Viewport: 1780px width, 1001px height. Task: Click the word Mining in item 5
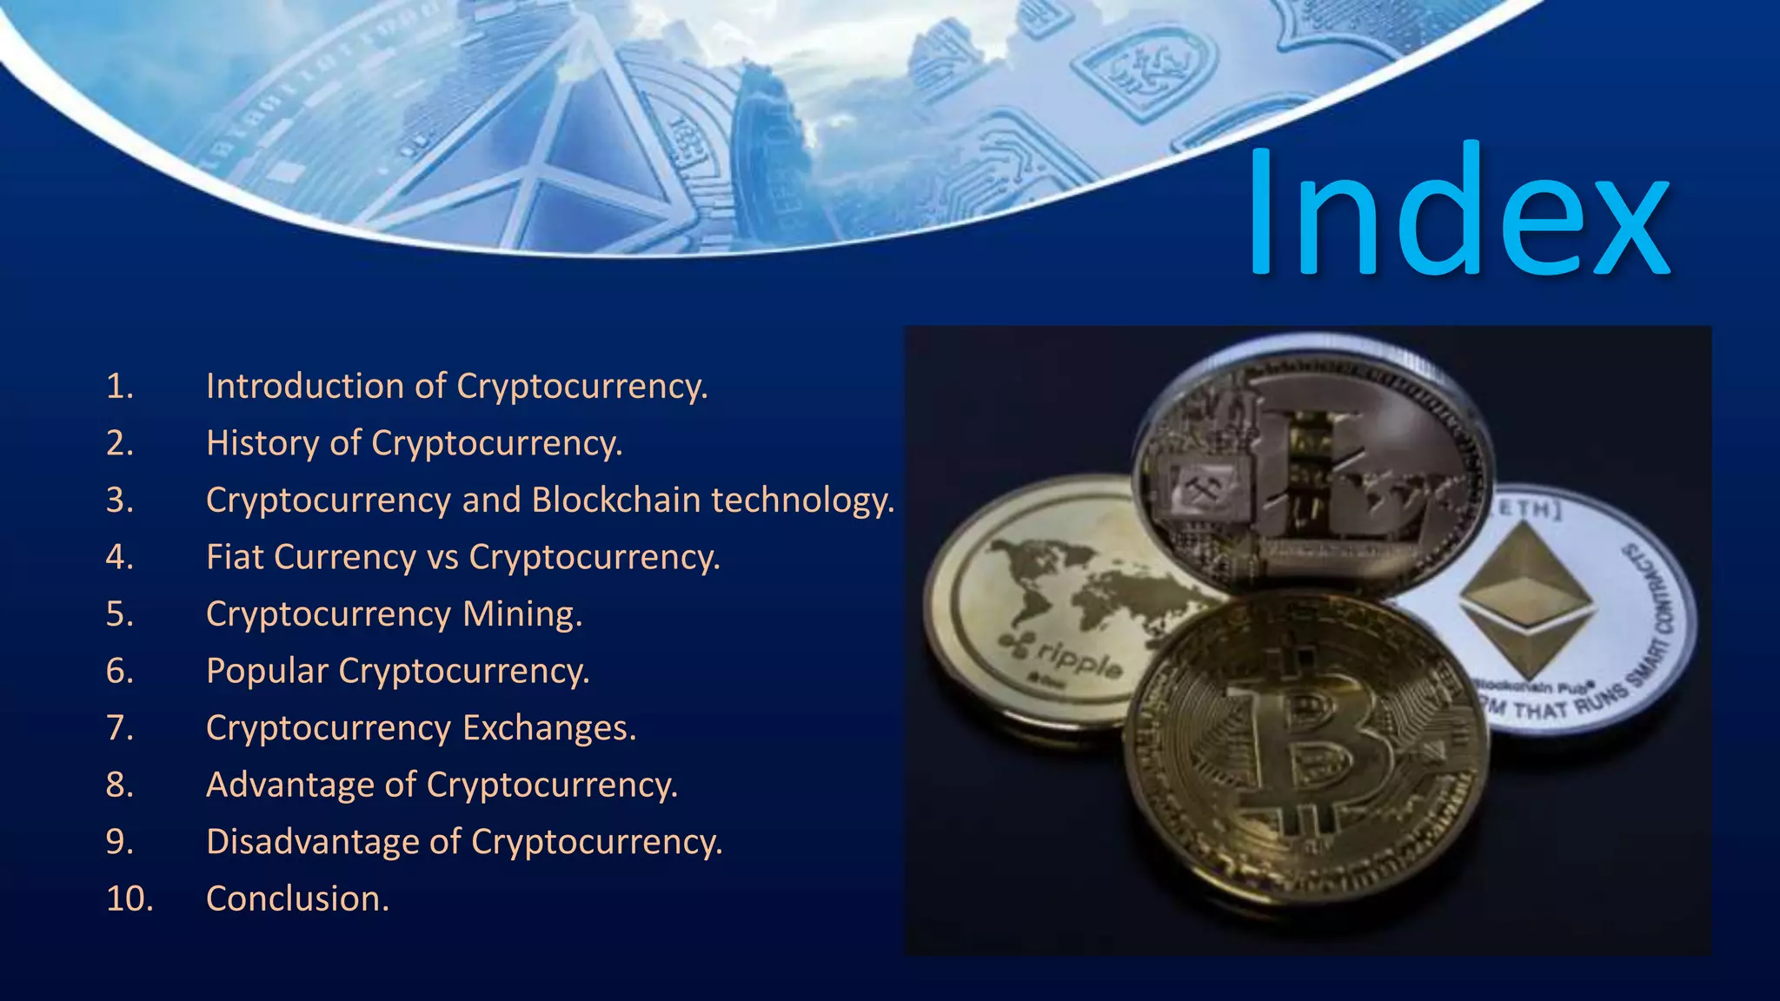pyautogui.click(x=521, y=613)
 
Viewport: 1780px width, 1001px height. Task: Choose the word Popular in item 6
pyautogui.click(x=267, y=671)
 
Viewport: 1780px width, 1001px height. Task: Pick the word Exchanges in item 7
pyautogui.click(x=548, y=727)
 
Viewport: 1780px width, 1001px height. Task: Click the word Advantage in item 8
pyautogui.click(x=310, y=785)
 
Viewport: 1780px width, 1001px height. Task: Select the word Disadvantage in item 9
pyautogui.click(x=333, y=841)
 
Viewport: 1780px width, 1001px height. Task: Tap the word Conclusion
pyautogui.click(x=296, y=898)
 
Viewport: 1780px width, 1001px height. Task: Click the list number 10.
pyautogui.click(x=129, y=898)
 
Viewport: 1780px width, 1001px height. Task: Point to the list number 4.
pyautogui.click(x=119, y=557)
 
